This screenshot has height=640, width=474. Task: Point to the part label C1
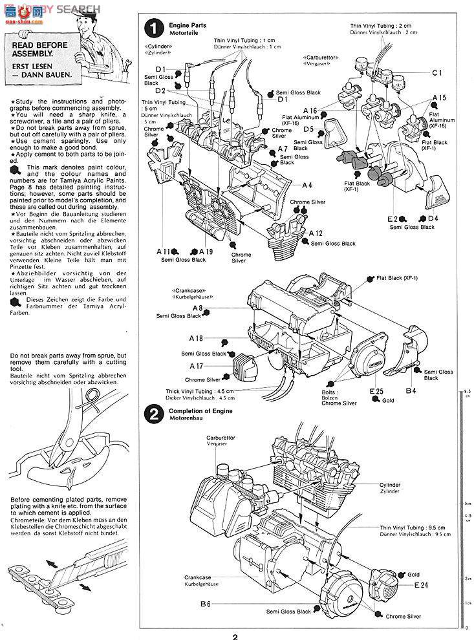(x=436, y=72)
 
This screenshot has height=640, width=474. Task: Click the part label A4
(x=307, y=185)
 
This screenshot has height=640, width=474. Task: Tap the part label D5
(x=308, y=129)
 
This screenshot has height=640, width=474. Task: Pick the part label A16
(x=310, y=111)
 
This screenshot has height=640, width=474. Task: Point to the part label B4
(x=411, y=391)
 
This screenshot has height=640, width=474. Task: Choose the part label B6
(x=205, y=604)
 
